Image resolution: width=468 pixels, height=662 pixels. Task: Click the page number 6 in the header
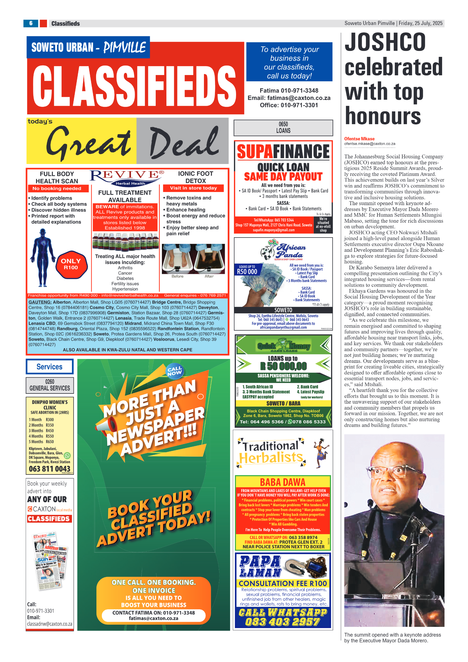(x=31, y=23)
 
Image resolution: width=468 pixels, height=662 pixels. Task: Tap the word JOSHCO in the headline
(x=385, y=42)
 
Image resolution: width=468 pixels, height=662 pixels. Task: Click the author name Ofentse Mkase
(x=359, y=139)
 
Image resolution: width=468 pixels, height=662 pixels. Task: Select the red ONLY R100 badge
(x=71, y=264)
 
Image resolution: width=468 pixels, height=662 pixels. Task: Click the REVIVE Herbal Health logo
(x=127, y=177)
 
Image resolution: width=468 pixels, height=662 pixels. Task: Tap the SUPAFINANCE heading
(x=283, y=152)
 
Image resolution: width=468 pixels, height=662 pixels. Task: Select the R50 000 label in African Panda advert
(x=247, y=271)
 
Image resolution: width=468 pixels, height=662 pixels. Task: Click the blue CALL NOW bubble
(x=174, y=371)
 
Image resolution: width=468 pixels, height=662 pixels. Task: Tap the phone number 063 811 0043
(x=49, y=469)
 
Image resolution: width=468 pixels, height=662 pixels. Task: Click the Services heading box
(x=49, y=366)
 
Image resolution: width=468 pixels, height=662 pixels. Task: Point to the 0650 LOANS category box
(x=283, y=128)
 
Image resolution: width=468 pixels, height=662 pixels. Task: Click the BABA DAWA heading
(x=283, y=482)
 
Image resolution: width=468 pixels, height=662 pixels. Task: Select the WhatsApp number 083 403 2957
(x=283, y=622)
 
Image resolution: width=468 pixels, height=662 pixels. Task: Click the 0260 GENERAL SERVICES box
(x=50, y=385)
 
